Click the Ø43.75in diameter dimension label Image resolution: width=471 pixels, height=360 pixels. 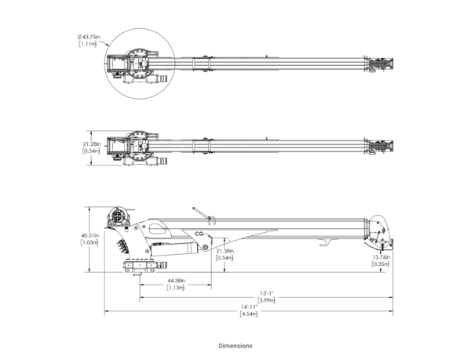[89, 37]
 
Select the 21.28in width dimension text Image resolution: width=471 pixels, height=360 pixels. [91, 144]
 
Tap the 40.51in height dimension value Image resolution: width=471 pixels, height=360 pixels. [89, 235]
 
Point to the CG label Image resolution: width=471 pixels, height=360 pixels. [199, 234]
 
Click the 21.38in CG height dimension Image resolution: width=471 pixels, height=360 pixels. [225, 251]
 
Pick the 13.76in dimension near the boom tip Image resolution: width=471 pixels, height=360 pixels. [382, 257]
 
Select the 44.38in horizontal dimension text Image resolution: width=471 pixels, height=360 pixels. [177, 281]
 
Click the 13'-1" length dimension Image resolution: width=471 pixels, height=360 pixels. [267, 293]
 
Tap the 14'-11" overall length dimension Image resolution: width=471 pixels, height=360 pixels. [250, 307]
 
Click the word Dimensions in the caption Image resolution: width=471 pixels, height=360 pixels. [235, 346]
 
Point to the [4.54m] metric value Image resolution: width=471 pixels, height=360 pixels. [249, 314]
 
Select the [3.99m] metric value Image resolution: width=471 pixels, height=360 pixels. [266, 300]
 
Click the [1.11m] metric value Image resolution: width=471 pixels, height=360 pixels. [88, 44]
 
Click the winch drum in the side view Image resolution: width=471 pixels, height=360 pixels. [118, 216]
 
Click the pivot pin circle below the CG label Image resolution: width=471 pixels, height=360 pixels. [206, 247]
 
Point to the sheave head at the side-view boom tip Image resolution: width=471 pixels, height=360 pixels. [379, 233]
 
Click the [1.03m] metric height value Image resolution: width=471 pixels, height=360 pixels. [89, 242]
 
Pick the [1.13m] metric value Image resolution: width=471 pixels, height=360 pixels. [176, 287]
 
